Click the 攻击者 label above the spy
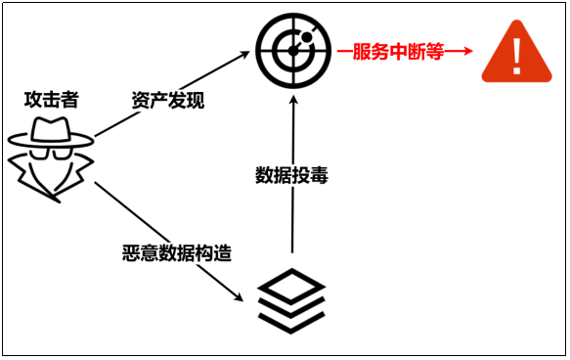[52, 99]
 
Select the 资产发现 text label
[168, 100]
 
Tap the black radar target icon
[290, 49]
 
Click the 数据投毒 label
[291, 175]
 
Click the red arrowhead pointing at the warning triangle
[465, 51]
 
